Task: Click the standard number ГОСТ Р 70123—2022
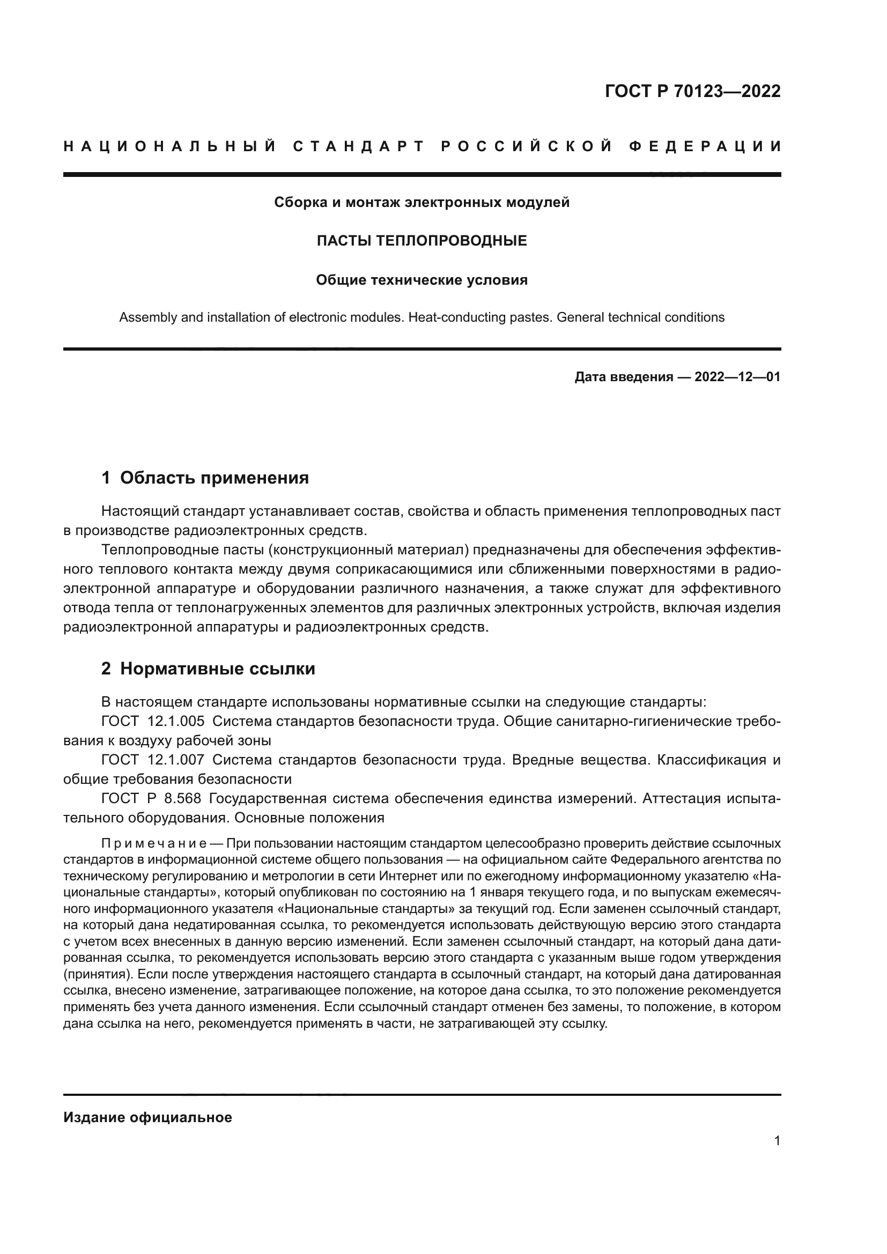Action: click(692, 91)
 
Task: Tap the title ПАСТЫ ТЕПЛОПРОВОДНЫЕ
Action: click(422, 241)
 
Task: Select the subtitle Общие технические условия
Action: click(422, 280)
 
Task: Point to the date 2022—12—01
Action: click(737, 377)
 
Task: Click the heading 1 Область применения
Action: click(205, 478)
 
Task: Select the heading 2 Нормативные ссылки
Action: click(208, 669)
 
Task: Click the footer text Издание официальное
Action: click(148, 1117)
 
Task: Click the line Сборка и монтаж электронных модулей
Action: click(422, 203)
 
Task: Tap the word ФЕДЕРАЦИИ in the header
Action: click(705, 146)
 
